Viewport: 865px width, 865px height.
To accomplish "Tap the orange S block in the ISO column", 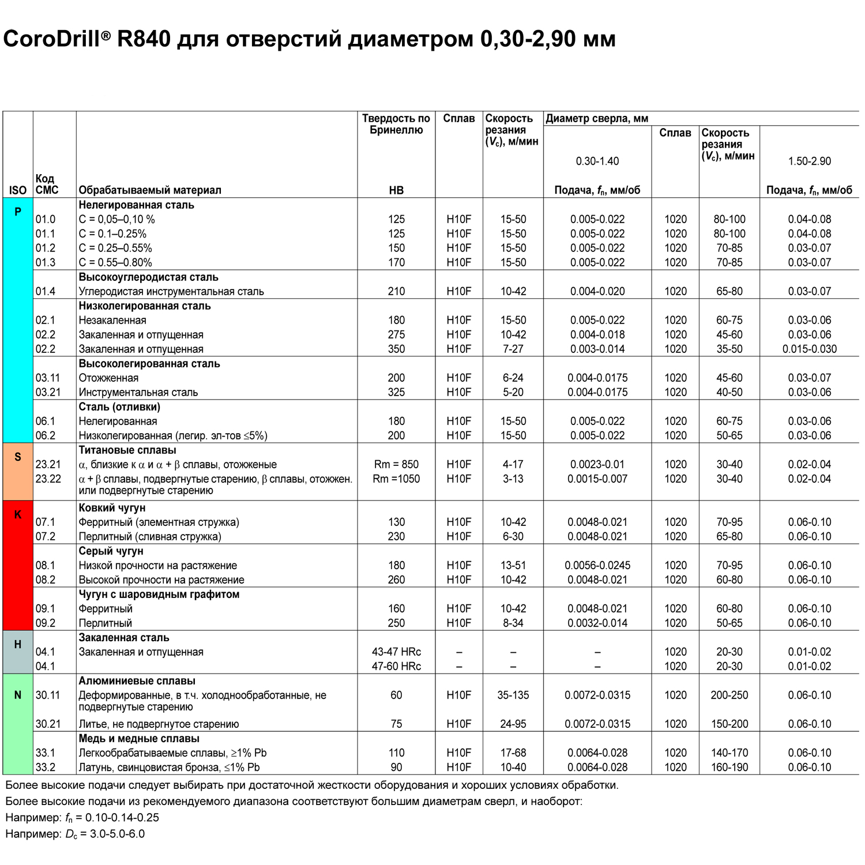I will point(18,471).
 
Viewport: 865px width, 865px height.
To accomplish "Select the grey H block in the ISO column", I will point(18,652).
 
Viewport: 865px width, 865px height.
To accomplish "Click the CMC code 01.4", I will point(46,291).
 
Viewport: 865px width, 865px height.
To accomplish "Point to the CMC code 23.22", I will point(48,479).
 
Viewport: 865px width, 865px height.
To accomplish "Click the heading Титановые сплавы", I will point(127,450).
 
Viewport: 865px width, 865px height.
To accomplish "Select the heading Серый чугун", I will point(111,551).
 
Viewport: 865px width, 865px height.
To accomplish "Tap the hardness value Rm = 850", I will point(396,464).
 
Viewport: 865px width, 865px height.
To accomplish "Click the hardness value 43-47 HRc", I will point(396,652).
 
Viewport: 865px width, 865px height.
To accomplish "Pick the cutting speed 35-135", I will point(513,695).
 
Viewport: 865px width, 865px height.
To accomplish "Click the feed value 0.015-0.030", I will point(809,349).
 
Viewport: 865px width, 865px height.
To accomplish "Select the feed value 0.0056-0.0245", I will point(597,565).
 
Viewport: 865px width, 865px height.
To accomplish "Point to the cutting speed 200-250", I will point(729,695).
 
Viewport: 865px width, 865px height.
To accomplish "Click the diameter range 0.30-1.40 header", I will point(597,161).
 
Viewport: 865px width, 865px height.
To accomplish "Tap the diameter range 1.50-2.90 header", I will point(809,161).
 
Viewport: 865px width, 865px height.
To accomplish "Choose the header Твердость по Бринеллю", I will point(396,124).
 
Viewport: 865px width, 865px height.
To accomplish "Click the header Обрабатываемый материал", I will point(150,190).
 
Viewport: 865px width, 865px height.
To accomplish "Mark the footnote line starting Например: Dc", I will point(75,834).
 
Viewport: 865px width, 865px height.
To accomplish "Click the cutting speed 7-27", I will point(513,349).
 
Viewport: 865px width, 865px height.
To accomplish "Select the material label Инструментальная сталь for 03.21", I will point(138,392).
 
